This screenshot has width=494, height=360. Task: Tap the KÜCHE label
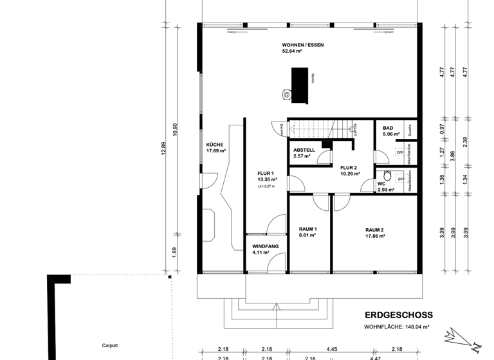pos(215,145)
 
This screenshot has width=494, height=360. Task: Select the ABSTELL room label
pos(304,149)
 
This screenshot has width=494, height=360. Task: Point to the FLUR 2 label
pos(349,168)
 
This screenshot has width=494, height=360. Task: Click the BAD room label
pos(388,128)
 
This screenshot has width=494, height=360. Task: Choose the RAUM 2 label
pos(374,230)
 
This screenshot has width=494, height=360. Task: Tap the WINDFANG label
pos(265,246)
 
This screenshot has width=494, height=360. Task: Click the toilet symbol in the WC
pos(387,177)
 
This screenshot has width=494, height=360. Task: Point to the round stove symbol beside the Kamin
pos(286,94)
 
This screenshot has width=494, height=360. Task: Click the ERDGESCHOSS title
pos(398,315)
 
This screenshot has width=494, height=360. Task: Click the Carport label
pos(110,345)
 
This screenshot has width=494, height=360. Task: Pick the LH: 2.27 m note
pos(266,186)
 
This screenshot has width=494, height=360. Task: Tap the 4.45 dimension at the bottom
pos(332,348)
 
